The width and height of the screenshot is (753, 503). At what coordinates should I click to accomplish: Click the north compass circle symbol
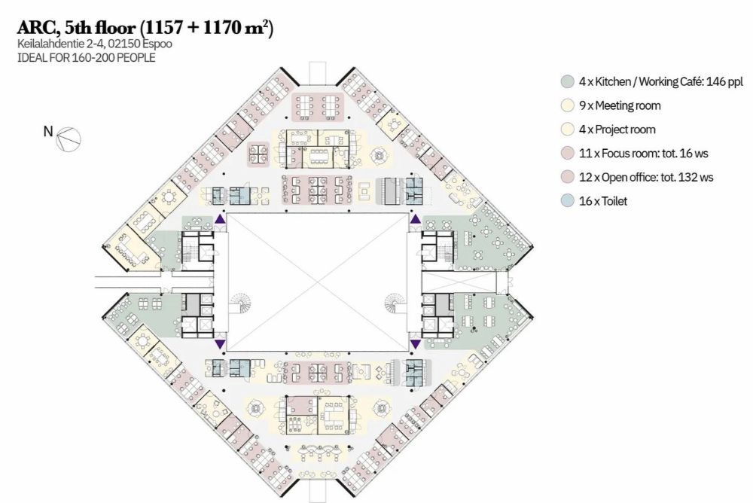[69, 139]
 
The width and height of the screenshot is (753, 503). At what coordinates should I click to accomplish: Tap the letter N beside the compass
[48, 131]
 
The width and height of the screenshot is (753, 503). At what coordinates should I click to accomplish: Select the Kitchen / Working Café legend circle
[568, 81]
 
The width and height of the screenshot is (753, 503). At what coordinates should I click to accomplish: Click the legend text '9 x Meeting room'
[620, 105]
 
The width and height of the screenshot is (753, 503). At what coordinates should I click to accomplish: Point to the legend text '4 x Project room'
[617, 130]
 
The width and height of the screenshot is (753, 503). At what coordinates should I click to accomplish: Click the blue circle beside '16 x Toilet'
[568, 201]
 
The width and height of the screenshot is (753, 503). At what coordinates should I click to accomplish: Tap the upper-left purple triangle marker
[220, 219]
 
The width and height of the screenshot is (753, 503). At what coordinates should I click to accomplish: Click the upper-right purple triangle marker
[416, 219]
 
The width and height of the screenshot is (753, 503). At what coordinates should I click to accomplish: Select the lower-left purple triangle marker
[220, 344]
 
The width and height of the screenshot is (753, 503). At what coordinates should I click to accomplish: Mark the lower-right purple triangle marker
[416, 344]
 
